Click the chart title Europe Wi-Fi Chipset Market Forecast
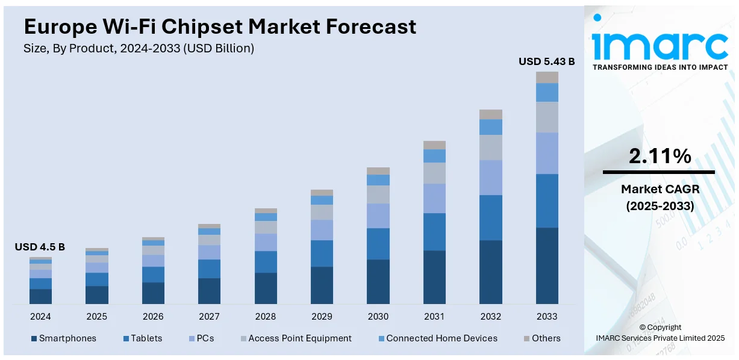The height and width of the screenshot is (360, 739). tap(220, 26)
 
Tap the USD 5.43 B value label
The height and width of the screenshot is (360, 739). tap(547, 61)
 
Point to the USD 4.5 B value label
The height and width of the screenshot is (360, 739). tap(40, 247)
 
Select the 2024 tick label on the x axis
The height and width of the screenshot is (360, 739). tap(40, 317)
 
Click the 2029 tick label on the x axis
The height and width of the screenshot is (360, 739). tap(322, 317)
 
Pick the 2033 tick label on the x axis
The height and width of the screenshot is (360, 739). tap(547, 317)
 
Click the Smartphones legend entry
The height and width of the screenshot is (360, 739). tap(63, 338)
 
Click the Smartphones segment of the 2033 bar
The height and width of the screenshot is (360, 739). tap(547, 265)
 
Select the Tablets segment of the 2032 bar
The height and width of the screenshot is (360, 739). tap(491, 217)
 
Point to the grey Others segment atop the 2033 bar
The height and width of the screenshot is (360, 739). tap(547, 77)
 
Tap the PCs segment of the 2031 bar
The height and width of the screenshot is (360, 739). tap(434, 198)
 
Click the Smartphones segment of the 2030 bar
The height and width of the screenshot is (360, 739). tap(378, 281)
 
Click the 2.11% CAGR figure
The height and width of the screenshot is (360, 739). tap(659, 157)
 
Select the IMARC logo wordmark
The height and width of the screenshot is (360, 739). tap(659, 46)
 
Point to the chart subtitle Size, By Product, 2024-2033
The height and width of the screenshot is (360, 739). tap(139, 49)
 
